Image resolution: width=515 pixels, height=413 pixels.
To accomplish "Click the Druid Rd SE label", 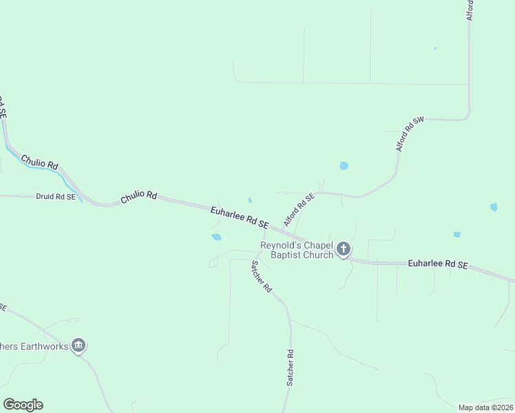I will click(55, 196).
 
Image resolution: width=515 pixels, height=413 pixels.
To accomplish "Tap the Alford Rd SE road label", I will click(299, 210).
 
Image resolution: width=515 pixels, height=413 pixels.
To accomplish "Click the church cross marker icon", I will click(344, 249).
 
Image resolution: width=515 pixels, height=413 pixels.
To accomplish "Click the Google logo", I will click(23, 405).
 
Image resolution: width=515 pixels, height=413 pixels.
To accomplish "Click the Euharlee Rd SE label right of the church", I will click(438, 264).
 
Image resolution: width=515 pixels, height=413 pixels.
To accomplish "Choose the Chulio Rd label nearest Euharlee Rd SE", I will click(139, 197).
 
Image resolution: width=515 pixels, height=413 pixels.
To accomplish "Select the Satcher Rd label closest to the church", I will click(262, 277).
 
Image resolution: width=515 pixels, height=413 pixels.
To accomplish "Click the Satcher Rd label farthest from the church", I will click(291, 368).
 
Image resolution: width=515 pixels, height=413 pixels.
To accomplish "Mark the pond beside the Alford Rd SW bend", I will click(344, 166).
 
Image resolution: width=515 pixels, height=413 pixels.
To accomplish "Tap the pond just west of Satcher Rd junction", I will click(216, 237).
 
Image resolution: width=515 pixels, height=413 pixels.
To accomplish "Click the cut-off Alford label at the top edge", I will click(470, 10).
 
